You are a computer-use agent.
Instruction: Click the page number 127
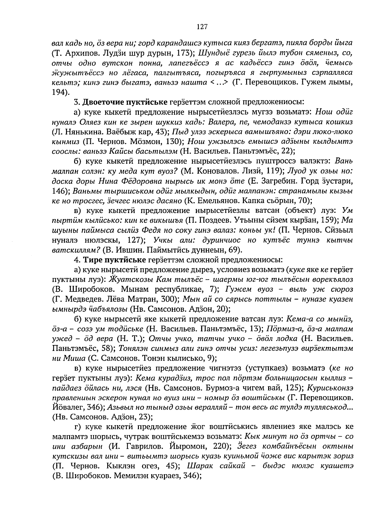point(202,27)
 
